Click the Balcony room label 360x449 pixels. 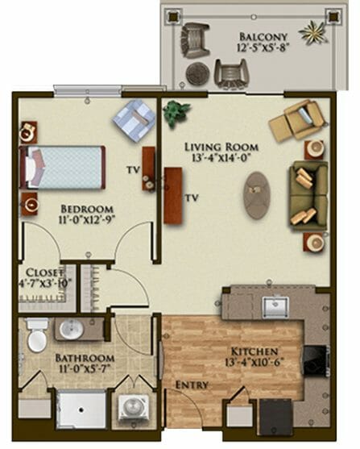[263, 37]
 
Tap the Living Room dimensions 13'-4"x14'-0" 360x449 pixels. [221, 158]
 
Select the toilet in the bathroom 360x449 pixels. [37, 334]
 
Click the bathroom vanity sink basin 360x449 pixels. [71, 330]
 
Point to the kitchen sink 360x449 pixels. [275, 307]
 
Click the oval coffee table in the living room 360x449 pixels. [257, 196]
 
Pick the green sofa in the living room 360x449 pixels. [308, 196]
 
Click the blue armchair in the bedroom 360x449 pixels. [134, 119]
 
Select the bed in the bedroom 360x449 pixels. [62, 167]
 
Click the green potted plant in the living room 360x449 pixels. [176, 113]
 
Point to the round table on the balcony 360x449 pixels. [198, 73]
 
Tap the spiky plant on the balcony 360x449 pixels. [312, 32]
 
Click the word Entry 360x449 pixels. [192, 385]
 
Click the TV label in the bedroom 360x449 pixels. [134, 170]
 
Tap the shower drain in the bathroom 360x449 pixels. [81, 410]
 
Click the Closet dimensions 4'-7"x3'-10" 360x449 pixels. [44, 283]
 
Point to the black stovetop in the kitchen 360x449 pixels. [315, 360]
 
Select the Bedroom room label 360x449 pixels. [87, 208]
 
